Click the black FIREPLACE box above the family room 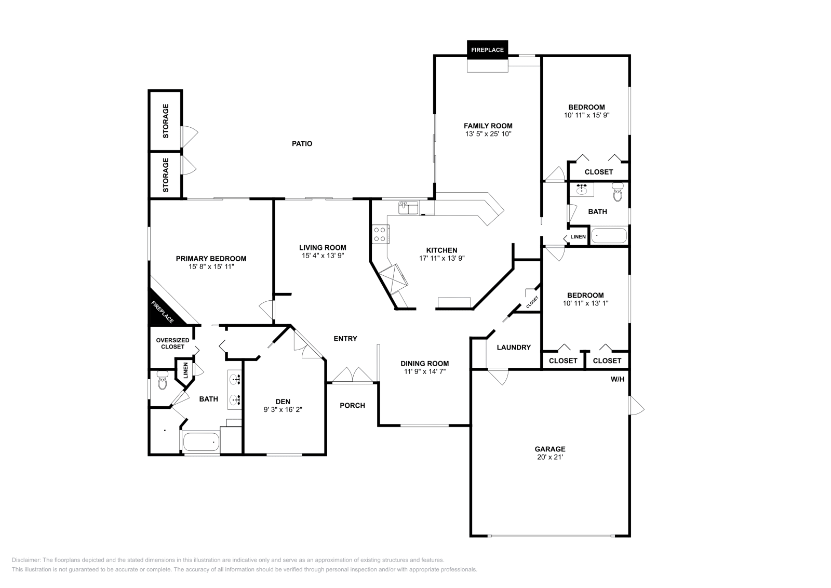(x=487, y=50)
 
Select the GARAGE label (x=550, y=449)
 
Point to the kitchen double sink (x=409, y=208)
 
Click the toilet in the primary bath (x=162, y=381)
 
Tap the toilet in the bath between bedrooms (x=618, y=192)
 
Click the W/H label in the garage (x=617, y=379)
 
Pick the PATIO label (x=302, y=143)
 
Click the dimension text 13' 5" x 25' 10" (x=488, y=134)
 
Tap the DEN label (x=283, y=401)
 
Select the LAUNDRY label (x=513, y=347)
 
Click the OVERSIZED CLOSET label (x=172, y=343)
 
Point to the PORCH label (x=352, y=405)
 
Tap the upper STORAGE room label (x=166, y=121)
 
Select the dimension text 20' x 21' (x=550, y=458)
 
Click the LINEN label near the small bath (x=578, y=237)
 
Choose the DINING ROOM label (x=424, y=363)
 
